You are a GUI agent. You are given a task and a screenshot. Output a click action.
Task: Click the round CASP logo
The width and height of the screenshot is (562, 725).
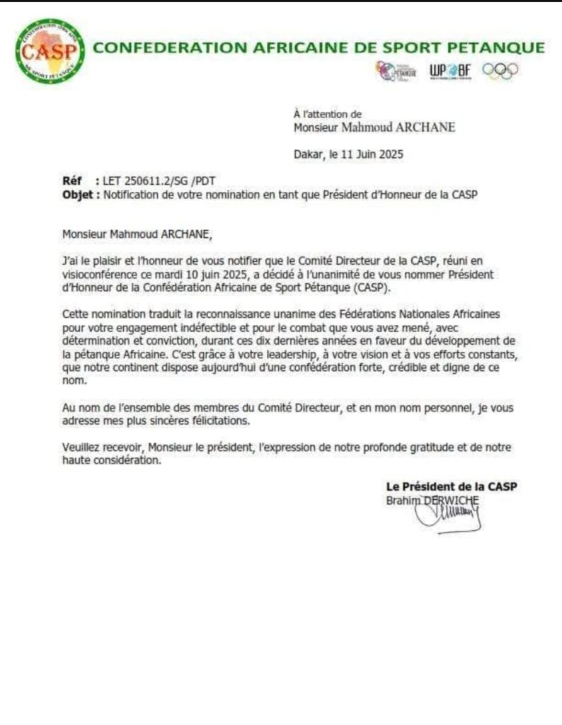click(50, 51)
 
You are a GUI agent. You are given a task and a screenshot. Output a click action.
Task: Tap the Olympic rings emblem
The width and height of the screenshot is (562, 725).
click(500, 71)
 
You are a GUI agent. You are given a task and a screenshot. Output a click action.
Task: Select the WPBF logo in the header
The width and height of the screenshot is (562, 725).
click(450, 71)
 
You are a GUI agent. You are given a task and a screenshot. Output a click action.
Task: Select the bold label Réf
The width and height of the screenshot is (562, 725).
click(72, 181)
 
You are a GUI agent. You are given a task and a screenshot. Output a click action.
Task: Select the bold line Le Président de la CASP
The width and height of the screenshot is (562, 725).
click(452, 486)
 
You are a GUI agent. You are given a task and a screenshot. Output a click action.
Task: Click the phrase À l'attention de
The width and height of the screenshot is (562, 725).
click(327, 113)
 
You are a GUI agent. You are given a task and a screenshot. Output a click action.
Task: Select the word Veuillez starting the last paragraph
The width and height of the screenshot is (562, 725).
click(82, 447)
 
